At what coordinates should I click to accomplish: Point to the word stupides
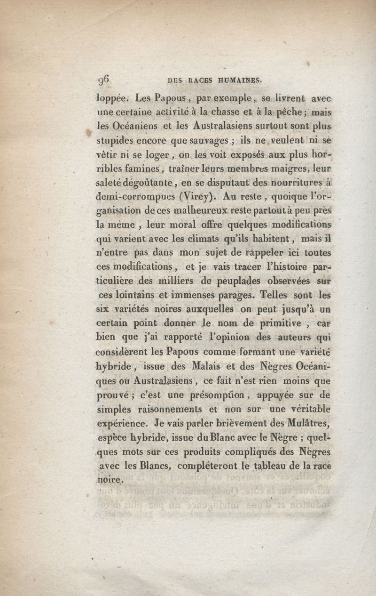pyautogui.click(x=115, y=141)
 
